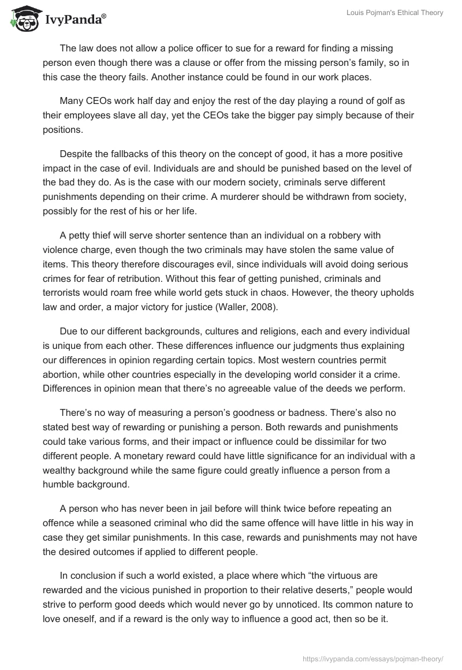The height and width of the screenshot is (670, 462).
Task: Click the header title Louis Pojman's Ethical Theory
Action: point(394,13)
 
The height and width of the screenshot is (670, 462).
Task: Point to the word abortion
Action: point(64,375)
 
